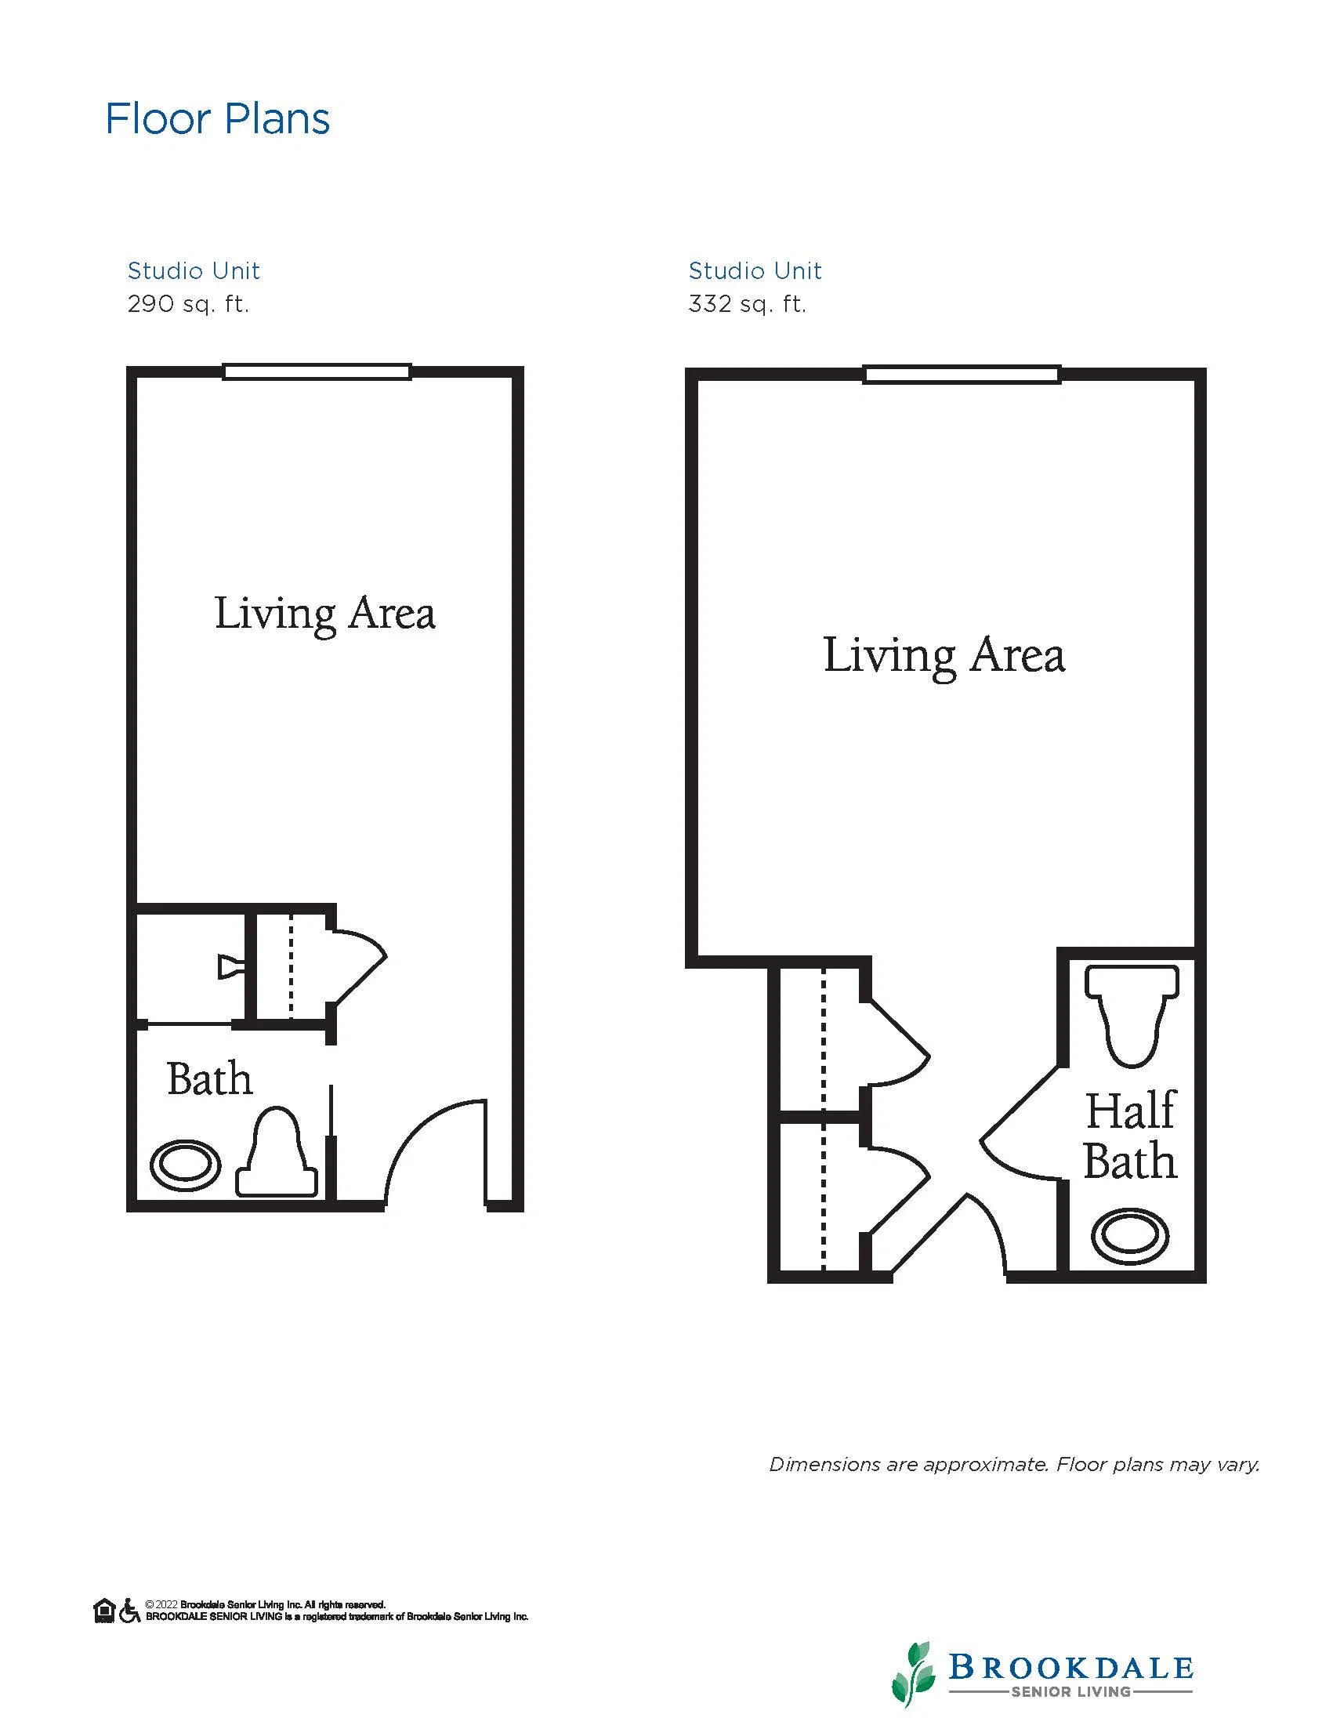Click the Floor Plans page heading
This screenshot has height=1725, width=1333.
[x=217, y=119]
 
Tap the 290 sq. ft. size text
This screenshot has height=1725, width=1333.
[x=188, y=304]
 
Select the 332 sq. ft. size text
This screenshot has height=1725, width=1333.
[x=747, y=304]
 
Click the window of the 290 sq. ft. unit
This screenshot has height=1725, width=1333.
[x=317, y=371]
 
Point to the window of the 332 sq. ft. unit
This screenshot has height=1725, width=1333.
[x=962, y=375]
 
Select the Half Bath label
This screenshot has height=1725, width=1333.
[x=1130, y=1136]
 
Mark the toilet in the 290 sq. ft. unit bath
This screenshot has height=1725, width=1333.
[x=277, y=1153]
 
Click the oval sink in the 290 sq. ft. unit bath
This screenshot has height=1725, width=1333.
[x=186, y=1165]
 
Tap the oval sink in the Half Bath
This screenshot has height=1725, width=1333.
[x=1130, y=1236]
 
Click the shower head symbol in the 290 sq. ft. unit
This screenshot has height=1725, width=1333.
[x=230, y=968]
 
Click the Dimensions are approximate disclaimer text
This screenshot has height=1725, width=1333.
[x=1014, y=1465]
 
